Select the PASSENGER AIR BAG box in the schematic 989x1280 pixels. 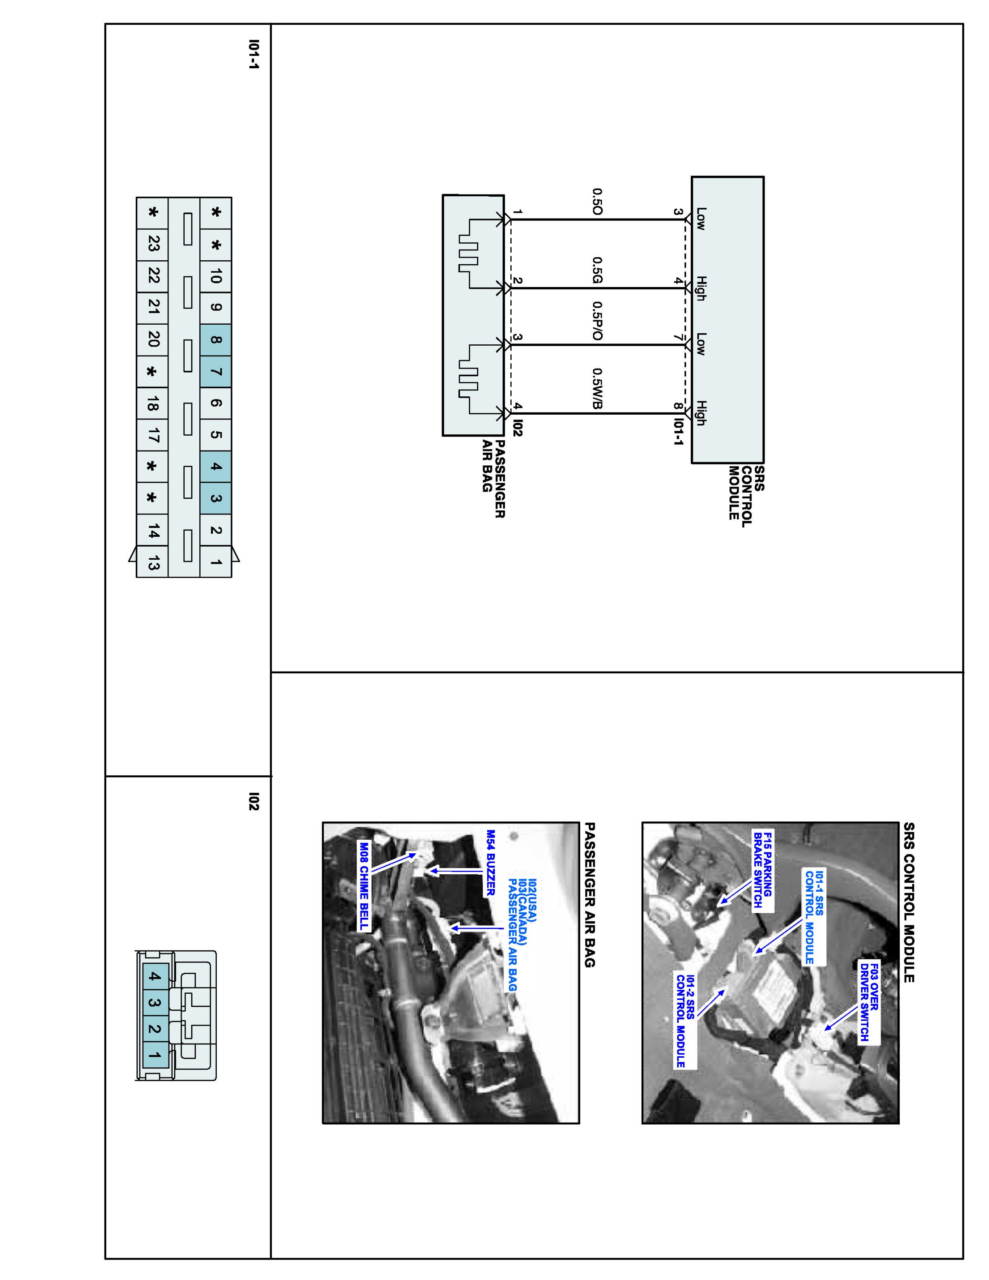[473, 315]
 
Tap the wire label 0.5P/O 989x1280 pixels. [597, 321]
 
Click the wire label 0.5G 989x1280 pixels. [597, 270]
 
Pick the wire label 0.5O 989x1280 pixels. [597, 202]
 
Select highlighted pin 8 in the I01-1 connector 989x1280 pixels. [215, 339]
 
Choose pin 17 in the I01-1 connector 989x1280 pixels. [153, 435]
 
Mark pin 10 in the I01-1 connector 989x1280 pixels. [215, 276]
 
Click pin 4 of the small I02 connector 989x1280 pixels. [154, 976]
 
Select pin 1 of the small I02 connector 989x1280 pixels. [154, 1055]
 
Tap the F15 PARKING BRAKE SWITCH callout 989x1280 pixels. [763, 869]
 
